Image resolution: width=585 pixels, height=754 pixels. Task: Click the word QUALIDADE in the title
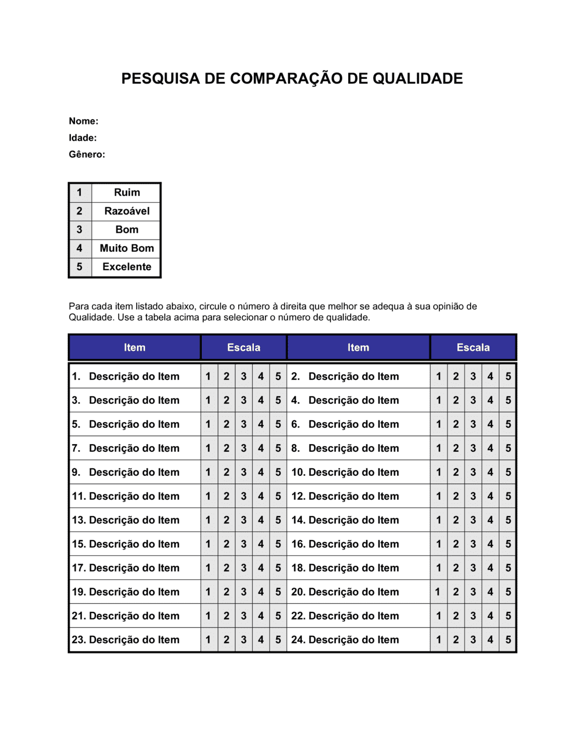tap(418, 78)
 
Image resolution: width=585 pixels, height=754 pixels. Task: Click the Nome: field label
tap(84, 121)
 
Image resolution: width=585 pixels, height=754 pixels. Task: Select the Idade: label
tap(82, 138)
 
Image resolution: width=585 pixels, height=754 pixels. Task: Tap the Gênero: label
tap(87, 154)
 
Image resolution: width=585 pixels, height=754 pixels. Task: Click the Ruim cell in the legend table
tap(126, 192)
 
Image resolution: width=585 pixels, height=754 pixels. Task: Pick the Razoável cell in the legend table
tap(126, 211)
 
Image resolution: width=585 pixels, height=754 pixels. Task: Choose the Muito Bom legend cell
tap(126, 248)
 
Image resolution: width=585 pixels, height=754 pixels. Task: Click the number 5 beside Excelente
tap(80, 267)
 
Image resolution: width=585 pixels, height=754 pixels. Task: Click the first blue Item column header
tap(135, 347)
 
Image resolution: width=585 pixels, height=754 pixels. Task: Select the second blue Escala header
tap(473, 347)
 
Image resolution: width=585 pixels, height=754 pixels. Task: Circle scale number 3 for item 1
tap(243, 376)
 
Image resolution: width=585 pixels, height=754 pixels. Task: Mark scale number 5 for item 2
tap(508, 376)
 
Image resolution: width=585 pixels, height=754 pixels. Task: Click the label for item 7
tap(125, 448)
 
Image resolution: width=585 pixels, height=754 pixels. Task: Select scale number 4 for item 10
tap(490, 472)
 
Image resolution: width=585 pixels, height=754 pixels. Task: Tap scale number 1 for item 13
tap(208, 520)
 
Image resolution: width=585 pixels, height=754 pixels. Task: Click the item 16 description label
tap(345, 544)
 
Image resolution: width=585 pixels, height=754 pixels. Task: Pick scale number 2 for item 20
tap(456, 592)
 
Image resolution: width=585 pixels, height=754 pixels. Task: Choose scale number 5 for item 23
tap(278, 640)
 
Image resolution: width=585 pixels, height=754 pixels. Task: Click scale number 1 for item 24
tap(438, 640)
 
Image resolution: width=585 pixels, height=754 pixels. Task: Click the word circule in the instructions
tap(212, 306)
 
